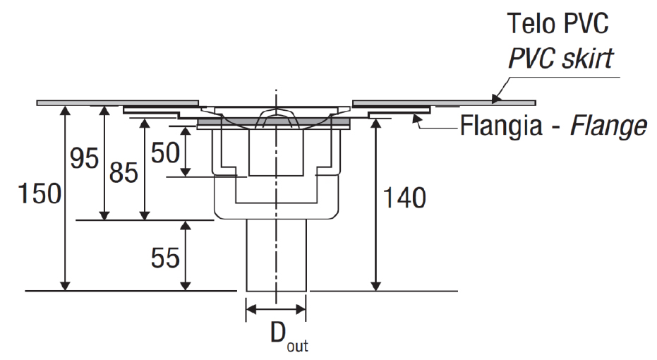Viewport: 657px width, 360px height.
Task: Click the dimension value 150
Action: coord(40,193)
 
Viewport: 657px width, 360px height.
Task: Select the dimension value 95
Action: coord(84,158)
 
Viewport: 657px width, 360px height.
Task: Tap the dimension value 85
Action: coord(123,172)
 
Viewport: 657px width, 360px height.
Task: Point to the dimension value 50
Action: coord(166,152)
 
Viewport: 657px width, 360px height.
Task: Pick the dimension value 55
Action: coord(166,258)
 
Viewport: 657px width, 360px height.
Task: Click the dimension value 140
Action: coord(405,198)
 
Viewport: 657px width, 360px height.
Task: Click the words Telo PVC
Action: coord(557,23)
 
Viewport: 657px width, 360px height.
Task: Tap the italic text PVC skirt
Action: coord(560,59)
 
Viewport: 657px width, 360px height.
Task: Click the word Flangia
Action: coord(501,126)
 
